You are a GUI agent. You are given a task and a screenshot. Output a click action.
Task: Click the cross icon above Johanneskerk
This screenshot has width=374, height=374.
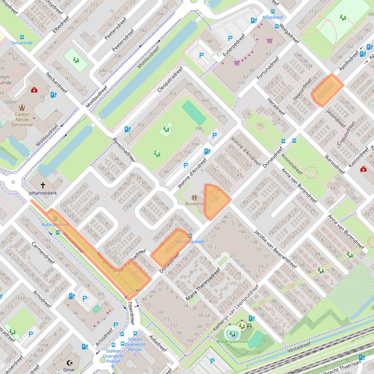click(43, 185)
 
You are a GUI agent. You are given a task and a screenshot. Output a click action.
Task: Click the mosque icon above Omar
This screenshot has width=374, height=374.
click(69, 363)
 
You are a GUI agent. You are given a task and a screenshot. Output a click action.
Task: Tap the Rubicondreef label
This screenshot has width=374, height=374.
click(55, 225)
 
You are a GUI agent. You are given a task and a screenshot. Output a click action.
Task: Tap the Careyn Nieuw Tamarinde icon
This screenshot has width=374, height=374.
click(21, 107)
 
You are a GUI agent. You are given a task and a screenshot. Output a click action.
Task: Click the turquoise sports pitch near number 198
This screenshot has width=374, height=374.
click(194, 113)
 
